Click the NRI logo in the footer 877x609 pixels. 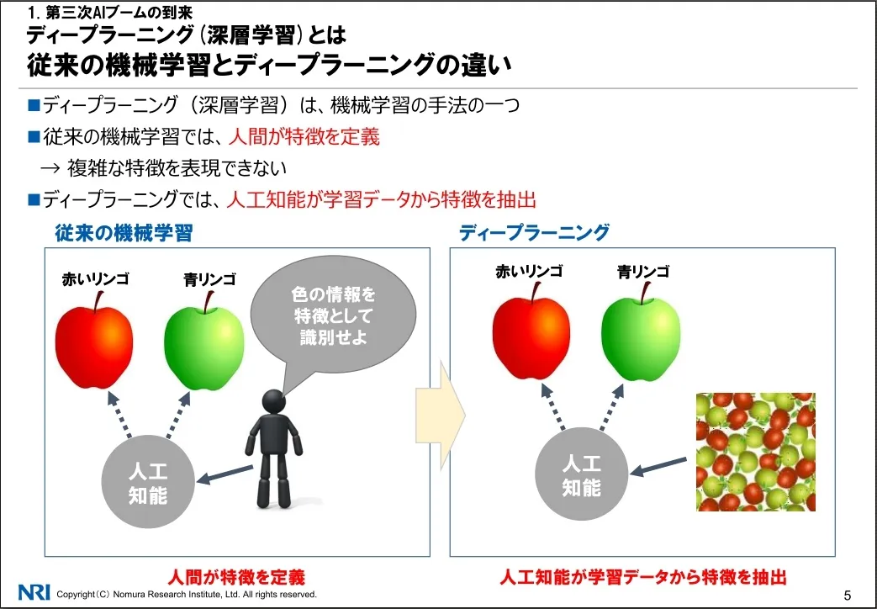point(34,592)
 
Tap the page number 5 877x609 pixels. point(847,595)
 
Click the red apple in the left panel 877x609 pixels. point(94,341)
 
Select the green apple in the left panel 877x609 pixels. point(204,342)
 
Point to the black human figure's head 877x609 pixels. point(274,401)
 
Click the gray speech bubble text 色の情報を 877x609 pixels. point(333,294)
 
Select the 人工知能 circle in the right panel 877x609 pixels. point(582,474)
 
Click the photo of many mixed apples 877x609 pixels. point(756,452)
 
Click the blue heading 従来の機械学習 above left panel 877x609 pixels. point(124,233)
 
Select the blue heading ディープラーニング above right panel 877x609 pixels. point(534,232)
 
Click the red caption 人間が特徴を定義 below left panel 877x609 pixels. point(236,577)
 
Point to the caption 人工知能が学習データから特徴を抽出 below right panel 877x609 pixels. point(643,577)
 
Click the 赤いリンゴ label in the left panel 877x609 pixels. point(96,278)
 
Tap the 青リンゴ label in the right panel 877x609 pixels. point(643,272)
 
